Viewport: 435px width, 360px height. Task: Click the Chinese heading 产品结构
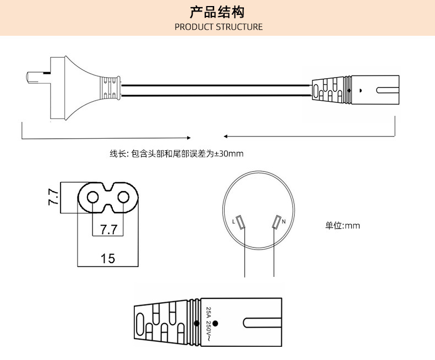coord(217,12)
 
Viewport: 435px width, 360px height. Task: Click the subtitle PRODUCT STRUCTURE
coord(219,27)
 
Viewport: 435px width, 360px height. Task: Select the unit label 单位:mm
coord(342,226)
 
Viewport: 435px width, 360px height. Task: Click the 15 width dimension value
coord(108,258)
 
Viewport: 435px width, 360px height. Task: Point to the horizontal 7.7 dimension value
coord(108,228)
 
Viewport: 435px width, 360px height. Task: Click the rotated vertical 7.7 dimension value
coord(53,197)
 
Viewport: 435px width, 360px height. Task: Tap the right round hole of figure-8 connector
coord(125,197)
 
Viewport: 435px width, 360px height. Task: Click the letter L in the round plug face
coord(233,222)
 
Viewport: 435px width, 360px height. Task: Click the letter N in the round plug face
coord(283,222)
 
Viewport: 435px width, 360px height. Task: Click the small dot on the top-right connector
coord(360,90)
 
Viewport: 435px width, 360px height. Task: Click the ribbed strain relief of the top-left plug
coord(110,88)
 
